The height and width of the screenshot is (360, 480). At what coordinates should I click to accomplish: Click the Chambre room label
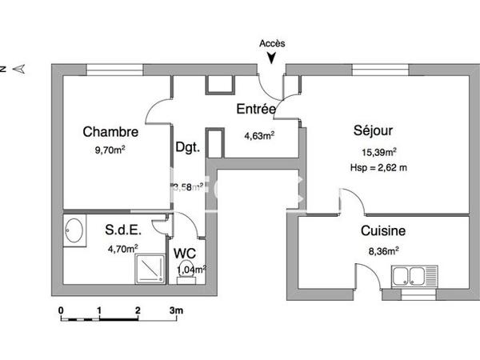(110, 132)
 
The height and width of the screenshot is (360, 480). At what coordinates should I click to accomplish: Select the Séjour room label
(374, 130)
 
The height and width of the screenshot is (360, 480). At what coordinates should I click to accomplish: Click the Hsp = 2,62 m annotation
(378, 167)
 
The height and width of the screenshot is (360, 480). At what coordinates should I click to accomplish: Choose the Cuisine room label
(382, 231)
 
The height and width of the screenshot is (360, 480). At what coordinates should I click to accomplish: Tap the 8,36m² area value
(382, 250)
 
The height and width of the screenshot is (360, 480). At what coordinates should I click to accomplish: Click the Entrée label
(256, 109)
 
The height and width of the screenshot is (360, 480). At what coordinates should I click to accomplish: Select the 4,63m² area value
(259, 135)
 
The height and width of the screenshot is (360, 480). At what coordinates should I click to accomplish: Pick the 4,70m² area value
(122, 248)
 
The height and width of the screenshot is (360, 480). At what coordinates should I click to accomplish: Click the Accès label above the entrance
(273, 44)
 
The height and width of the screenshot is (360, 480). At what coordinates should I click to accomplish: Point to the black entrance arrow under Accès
(273, 58)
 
